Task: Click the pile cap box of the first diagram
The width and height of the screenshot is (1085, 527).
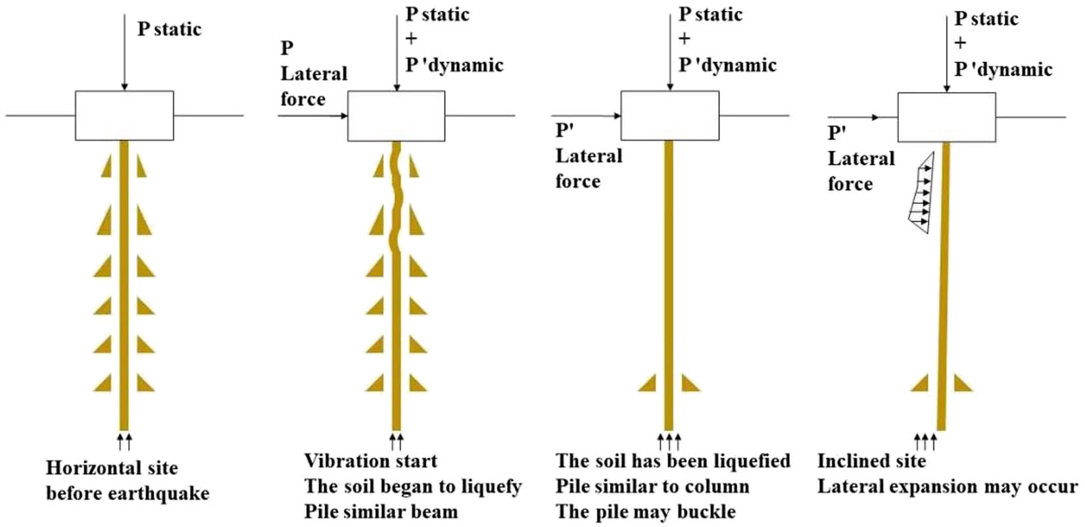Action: pos(124,116)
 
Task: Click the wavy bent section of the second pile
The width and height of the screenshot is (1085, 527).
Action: pos(397,197)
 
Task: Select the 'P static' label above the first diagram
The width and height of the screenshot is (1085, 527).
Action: pos(169,29)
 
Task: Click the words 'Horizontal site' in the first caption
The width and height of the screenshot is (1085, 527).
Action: pos(112,468)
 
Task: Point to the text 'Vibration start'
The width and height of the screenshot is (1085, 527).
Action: pos(371,461)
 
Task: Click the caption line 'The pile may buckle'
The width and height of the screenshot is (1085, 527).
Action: pos(645,511)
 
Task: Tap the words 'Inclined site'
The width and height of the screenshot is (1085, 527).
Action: pos(871,461)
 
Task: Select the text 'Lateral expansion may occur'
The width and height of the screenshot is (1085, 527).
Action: pos(947,487)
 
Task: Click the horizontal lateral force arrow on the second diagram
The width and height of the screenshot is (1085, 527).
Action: pos(313,116)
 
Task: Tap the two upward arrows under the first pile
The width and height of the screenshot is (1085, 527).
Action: pos(124,441)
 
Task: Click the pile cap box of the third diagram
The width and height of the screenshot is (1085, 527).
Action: pos(669,116)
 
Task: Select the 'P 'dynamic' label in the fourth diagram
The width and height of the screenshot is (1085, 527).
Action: pos(1003,70)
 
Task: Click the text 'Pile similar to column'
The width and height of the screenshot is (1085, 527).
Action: pos(652,487)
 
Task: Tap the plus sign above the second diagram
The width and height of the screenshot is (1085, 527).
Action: pos(411,39)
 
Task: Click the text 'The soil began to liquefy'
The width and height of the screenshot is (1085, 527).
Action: pos(413,487)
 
